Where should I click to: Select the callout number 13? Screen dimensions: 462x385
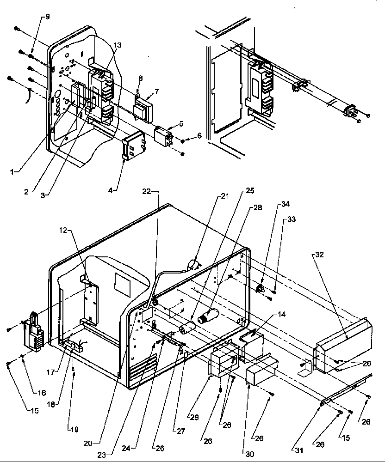pyautogui.click(x=118, y=45)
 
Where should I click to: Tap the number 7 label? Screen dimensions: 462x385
pyautogui.click(x=156, y=92)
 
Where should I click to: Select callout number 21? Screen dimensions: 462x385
pyautogui.click(x=224, y=196)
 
